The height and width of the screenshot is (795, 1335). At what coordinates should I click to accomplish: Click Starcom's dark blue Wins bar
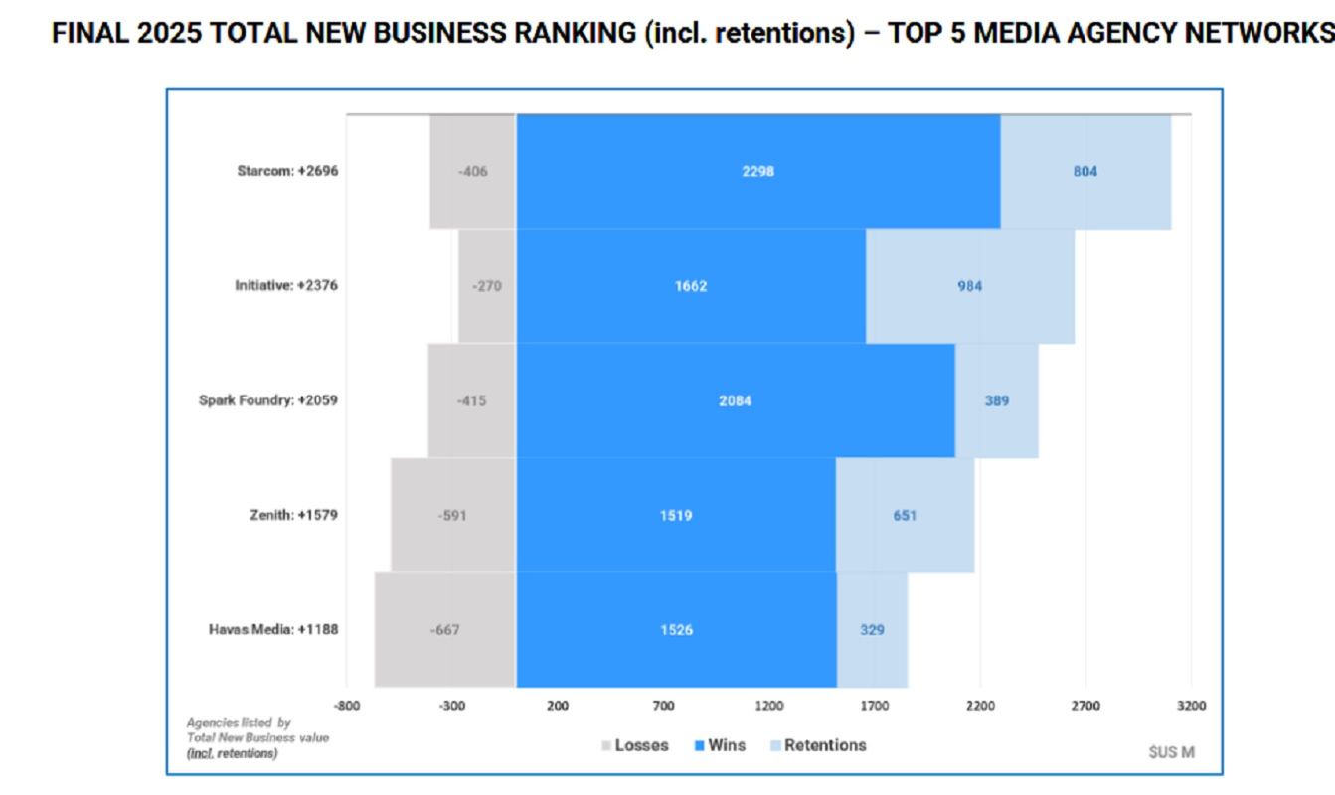(x=757, y=172)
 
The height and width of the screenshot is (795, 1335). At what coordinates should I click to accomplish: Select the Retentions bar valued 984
(x=969, y=286)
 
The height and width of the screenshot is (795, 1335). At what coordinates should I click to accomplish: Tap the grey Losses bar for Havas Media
(x=444, y=630)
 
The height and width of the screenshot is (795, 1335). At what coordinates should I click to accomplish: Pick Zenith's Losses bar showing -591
(x=452, y=516)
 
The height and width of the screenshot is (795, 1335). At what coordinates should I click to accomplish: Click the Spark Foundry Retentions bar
(x=996, y=401)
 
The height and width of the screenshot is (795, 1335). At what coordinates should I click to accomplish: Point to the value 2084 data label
(x=735, y=401)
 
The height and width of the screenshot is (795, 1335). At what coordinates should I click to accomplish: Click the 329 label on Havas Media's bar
(x=872, y=630)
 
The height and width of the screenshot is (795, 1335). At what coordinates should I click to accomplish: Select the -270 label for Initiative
(x=486, y=287)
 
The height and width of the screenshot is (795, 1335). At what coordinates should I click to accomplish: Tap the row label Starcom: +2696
(x=287, y=171)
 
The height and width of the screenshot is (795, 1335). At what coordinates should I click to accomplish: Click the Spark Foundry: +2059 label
(x=268, y=400)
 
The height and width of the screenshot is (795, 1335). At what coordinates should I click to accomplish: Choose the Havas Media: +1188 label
(x=273, y=629)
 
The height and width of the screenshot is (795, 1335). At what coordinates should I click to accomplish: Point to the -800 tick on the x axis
(x=346, y=706)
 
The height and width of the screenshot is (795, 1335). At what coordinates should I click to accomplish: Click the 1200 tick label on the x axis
(x=768, y=706)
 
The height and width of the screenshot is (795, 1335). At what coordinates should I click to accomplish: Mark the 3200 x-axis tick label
(x=1191, y=706)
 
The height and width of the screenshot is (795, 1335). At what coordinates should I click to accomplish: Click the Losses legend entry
(x=635, y=745)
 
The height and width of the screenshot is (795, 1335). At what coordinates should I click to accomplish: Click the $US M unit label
(x=1171, y=752)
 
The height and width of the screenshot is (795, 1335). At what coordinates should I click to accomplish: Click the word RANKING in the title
(x=552, y=33)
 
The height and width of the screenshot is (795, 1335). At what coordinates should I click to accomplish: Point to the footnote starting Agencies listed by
(x=257, y=738)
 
